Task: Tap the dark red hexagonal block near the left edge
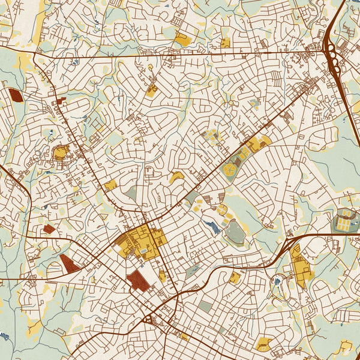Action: [x=14, y=96]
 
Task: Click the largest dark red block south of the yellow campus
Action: [x=138, y=280]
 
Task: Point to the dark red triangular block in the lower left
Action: [x=68, y=263]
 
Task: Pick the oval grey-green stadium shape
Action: [x=235, y=232]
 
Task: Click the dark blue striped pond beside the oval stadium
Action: [x=211, y=226]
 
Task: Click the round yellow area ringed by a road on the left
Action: [x=61, y=154]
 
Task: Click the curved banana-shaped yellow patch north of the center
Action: [x=176, y=178]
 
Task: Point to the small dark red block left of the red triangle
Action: [x=49, y=229]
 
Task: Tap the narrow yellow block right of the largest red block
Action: [x=163, y=275]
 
